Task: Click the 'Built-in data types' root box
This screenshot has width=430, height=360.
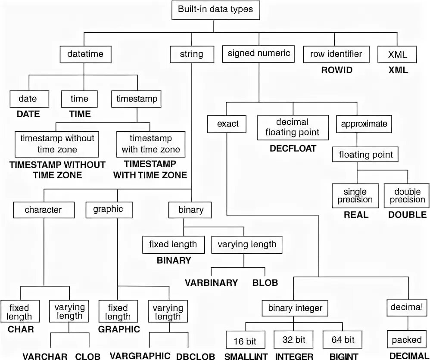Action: tap(216, 9)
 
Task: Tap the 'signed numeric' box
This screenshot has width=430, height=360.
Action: tap(259, 54)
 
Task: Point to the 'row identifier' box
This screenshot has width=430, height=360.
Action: tap(336, 54)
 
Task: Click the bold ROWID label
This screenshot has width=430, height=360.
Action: tap(337, 70)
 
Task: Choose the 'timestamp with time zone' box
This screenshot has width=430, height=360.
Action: tap(150, 144)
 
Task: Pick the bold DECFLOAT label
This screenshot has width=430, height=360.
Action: tap(293, 149)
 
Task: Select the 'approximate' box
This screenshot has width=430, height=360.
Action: tap(364, 124)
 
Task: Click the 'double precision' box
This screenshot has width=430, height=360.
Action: tap(404, 196)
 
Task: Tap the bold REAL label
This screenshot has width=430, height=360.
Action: tap(356, 214)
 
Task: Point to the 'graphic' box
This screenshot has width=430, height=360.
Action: tap(108, 209)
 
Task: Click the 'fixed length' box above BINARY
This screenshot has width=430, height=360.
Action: tap(173, 245)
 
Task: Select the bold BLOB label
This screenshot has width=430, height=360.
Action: tap(265, 282)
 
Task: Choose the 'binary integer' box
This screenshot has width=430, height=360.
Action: tap(295, 308)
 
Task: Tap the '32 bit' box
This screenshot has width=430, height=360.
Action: tap(294, 340)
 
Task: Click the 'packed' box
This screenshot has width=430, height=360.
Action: tap(406, 340)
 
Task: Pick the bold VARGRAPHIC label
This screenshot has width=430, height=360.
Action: tap(140, 356)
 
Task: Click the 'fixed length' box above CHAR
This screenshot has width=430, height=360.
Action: tap(19, 312)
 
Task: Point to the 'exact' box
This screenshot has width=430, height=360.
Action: tap(228, 124)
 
